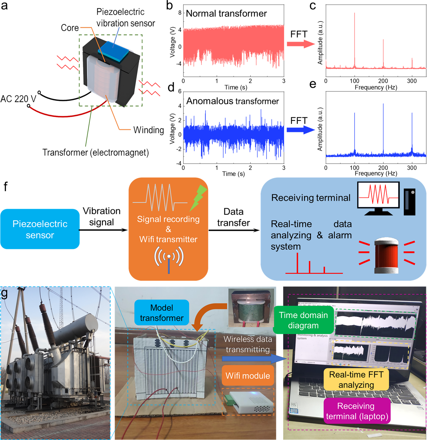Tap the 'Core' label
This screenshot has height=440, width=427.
pyautogui.click(x=70, y=28)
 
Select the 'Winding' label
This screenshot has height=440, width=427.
pyautogui.click(x=148, y=130)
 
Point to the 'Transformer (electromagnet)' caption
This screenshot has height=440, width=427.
pyautogui.click(x=95, y=152)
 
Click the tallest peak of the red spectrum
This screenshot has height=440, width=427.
pyautogui.click(x=354, y=40)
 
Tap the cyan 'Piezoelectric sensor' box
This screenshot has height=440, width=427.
pyautogui.click(x=40, y=229)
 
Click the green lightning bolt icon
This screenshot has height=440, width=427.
pyautogui.click(x=198, y=197)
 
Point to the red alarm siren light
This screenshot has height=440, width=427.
pyautogui.click(x=386, y=255)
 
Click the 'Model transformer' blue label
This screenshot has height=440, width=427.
pyautogui.click(x=162, y=313)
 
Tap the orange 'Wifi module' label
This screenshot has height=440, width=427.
pyautogui.click(x=248, y=376)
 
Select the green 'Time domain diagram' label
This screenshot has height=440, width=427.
pyautogui.click(x=303, y=320)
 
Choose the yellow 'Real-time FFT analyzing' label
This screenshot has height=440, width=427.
pyautogui.click(x=356, y=380)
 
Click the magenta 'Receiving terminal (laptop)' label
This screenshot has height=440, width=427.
pyautogui.click(x=357, y=411)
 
